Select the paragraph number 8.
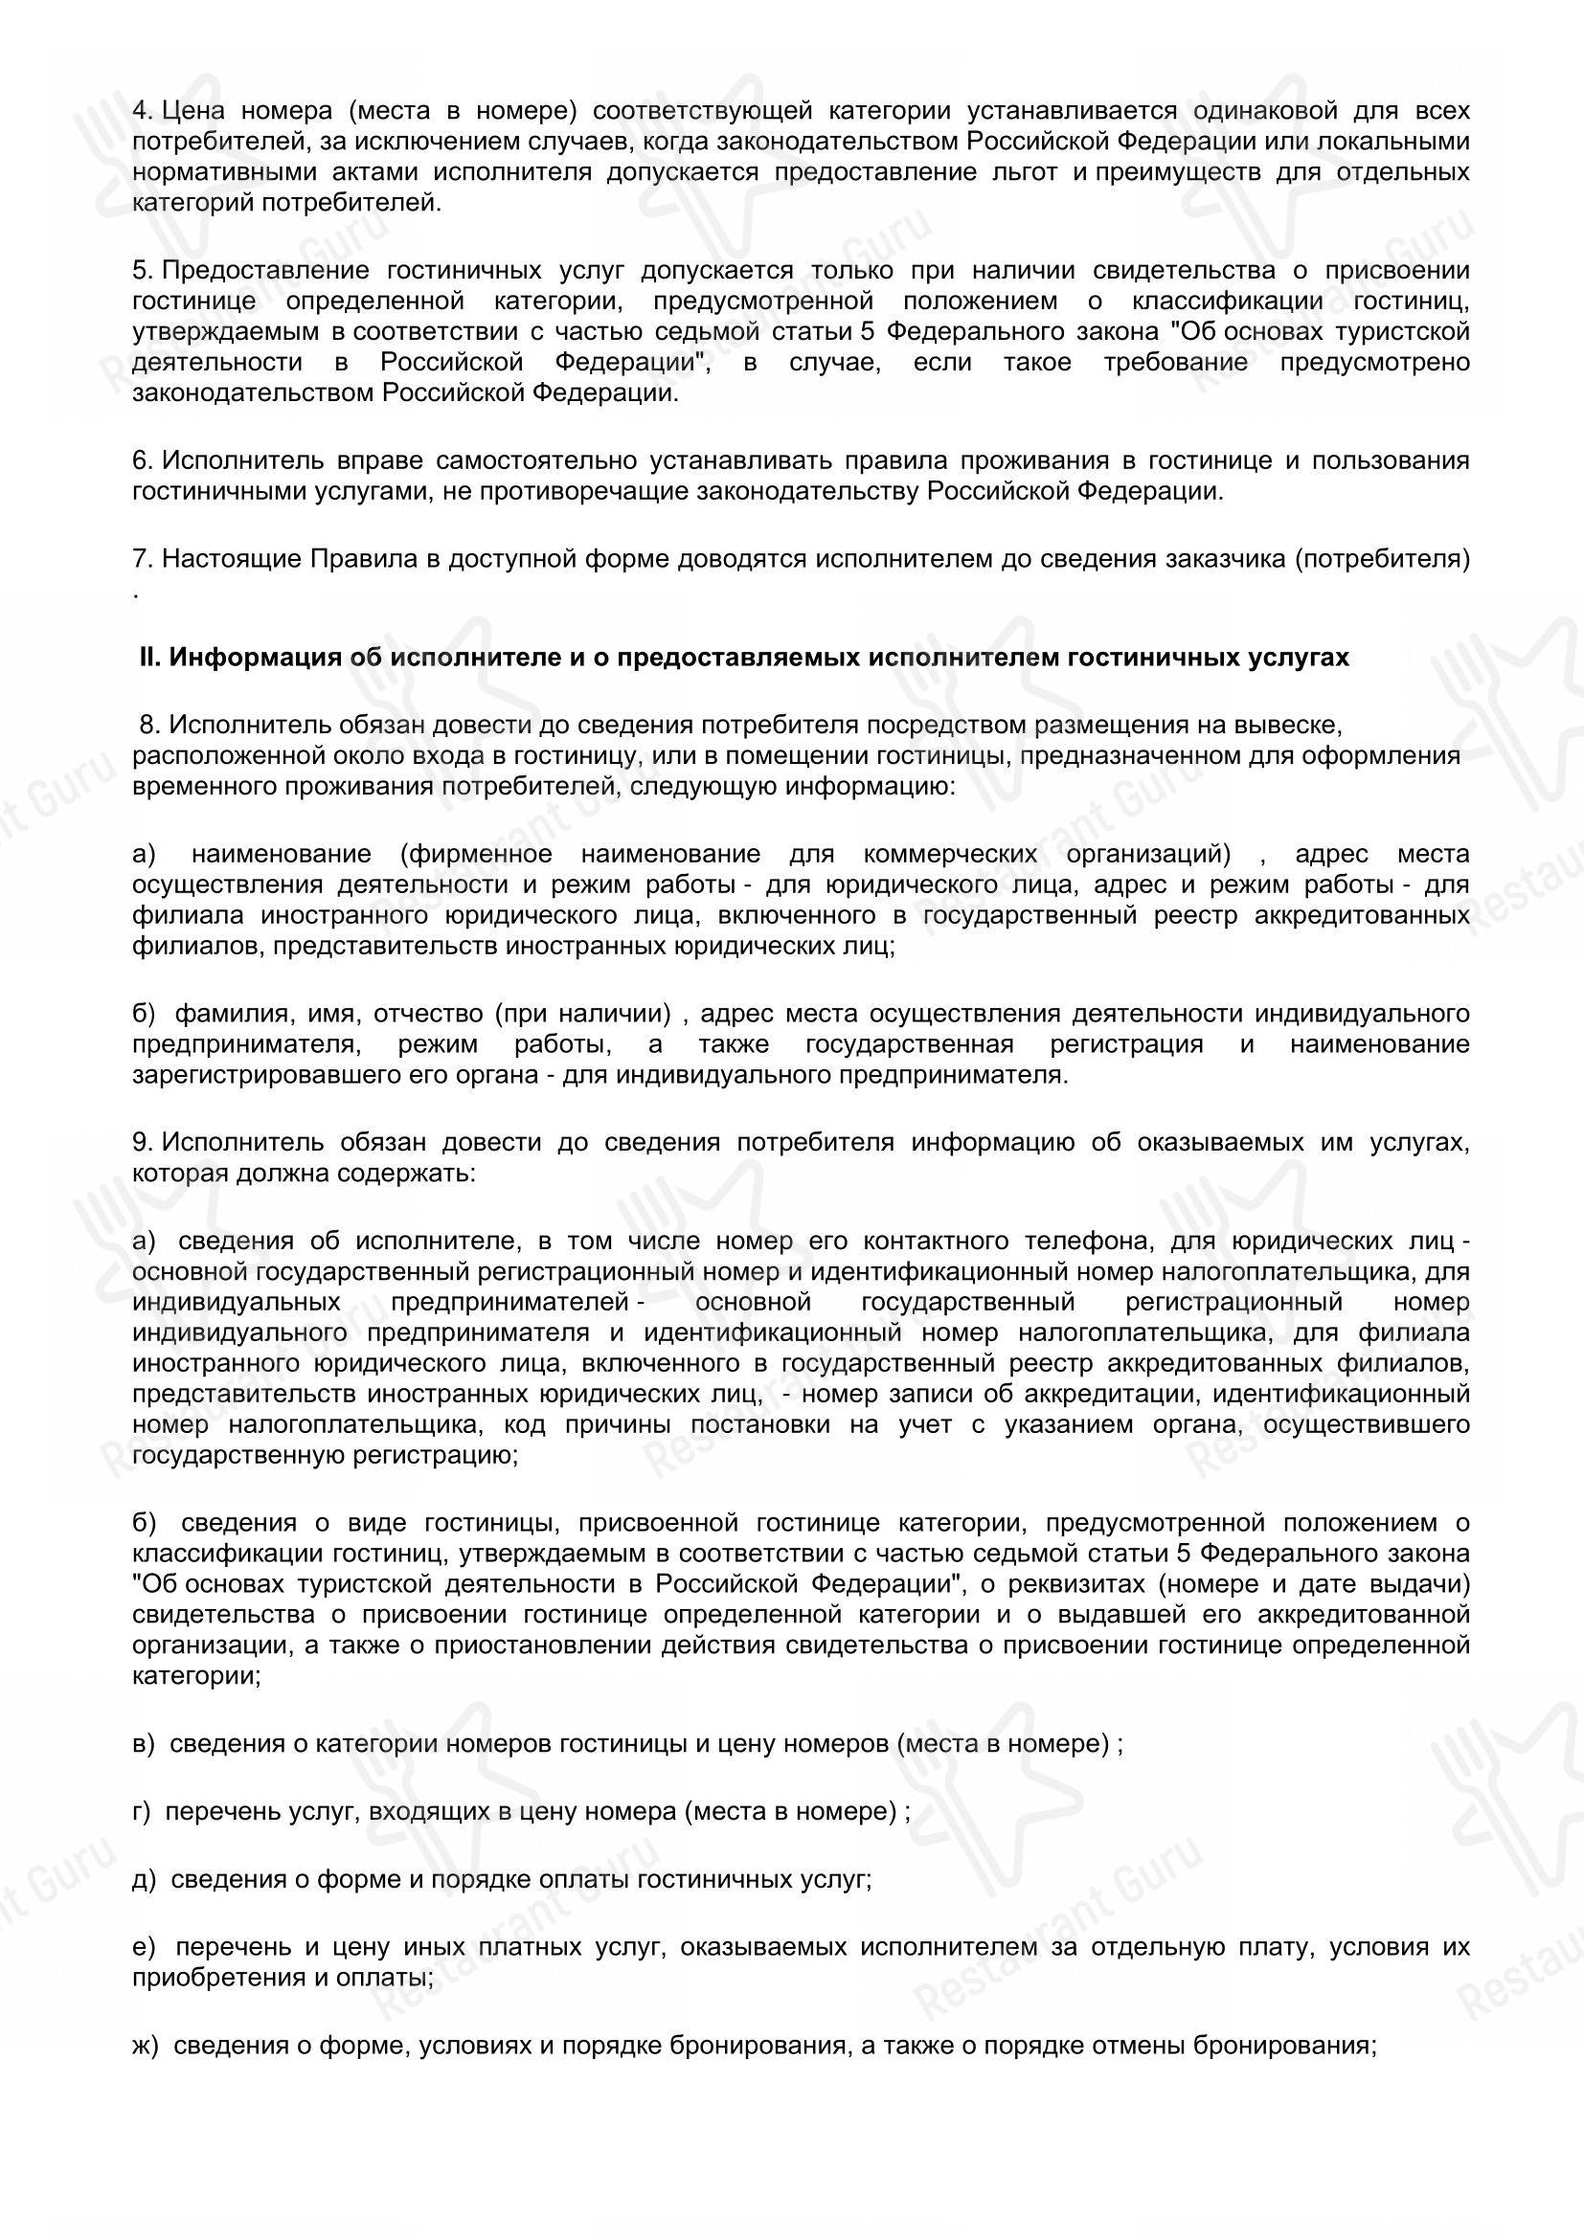(x=149, y=725)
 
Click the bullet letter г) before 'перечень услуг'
(x=142, y=1812)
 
